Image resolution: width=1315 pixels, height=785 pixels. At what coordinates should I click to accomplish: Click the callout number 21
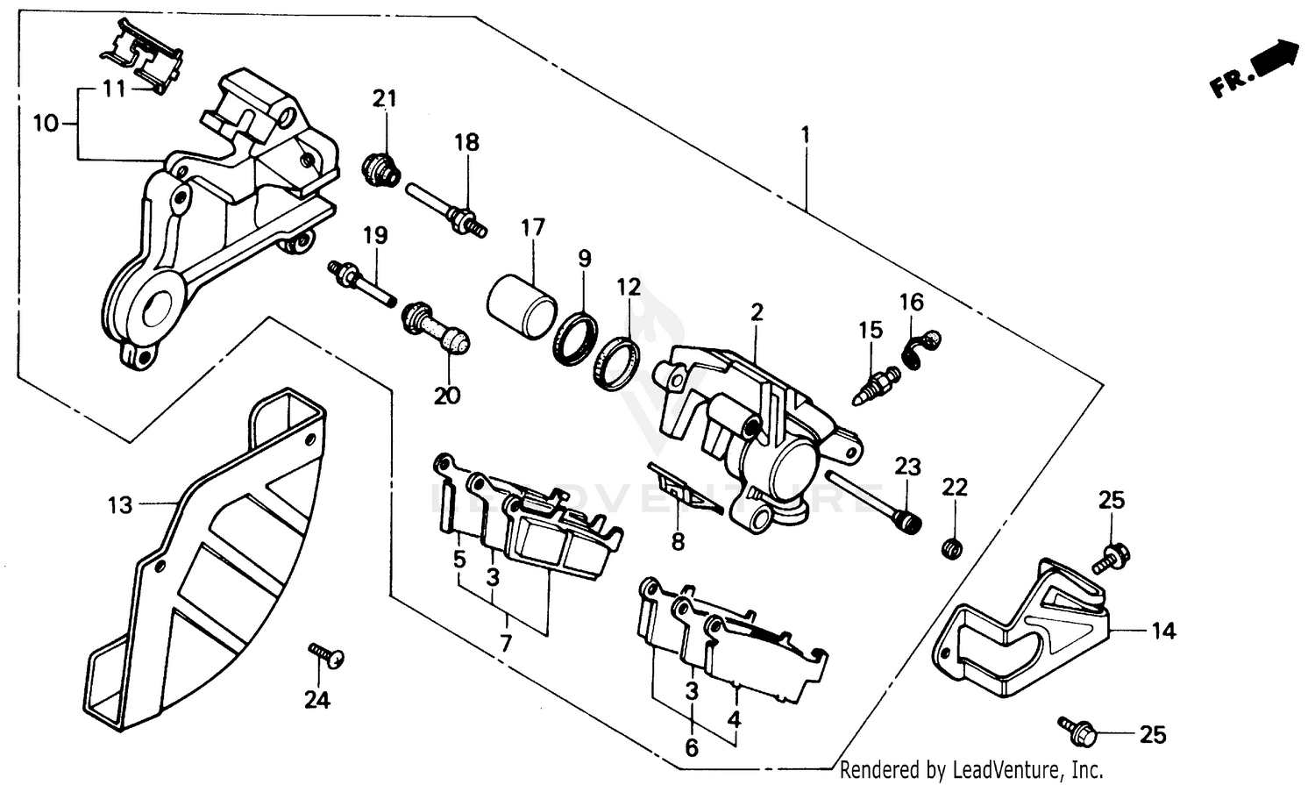click(x=384, y=99)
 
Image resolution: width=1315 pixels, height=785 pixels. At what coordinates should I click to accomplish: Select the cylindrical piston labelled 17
click(x=522, y=302)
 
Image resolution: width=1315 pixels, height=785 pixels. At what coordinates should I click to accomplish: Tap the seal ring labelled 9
click(x=576, y=339)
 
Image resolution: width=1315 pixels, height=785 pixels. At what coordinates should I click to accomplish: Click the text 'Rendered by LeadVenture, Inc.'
click(x=971, y=770)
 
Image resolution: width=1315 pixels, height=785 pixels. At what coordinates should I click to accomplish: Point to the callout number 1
click(x=805, y=136)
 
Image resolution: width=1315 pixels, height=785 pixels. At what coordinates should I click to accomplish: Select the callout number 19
click(x=375, y=236)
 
